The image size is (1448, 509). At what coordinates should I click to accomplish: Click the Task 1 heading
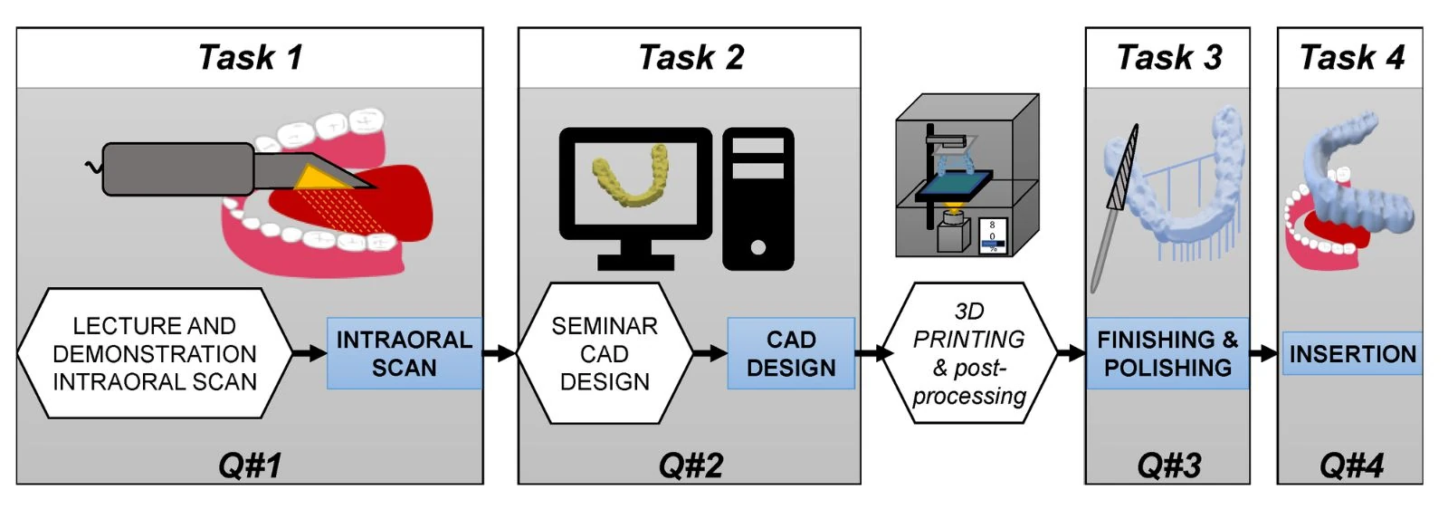click(x=250, y=57)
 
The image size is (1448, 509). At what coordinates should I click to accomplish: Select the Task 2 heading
click(x=691, y=57)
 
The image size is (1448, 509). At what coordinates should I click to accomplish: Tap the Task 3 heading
click(x=1168, y=57)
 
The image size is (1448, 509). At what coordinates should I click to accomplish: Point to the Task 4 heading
click(x=1351, y=57)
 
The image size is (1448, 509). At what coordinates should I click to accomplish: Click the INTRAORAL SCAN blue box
click(x=404, y=353)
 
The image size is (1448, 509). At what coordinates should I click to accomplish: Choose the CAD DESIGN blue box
click(x=791, y=353)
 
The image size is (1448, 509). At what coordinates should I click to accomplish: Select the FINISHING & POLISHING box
click(x=1167, y=353)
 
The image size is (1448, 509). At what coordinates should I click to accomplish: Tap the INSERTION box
click(x=1352, y=353)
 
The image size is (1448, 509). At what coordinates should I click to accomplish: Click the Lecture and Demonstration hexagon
click(x=154, y=353)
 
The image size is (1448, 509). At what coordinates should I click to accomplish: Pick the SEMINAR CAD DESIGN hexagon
click(x=605, y=353)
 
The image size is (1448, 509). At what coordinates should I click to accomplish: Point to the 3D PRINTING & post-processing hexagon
click(x=968, y=353)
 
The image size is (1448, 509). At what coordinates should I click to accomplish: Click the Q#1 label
click(x=250, y=466)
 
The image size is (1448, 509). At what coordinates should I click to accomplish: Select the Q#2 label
click(x=691, y=466)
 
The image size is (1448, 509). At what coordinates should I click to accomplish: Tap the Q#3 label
click(x=1168, y=466)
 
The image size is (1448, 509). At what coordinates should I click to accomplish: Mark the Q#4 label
click(x=1351, y=466)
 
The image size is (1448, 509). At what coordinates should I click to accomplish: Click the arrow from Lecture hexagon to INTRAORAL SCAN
click(x=310, y=353)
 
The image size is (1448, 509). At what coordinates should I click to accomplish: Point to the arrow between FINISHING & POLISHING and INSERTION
click(x=1265, y=353)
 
